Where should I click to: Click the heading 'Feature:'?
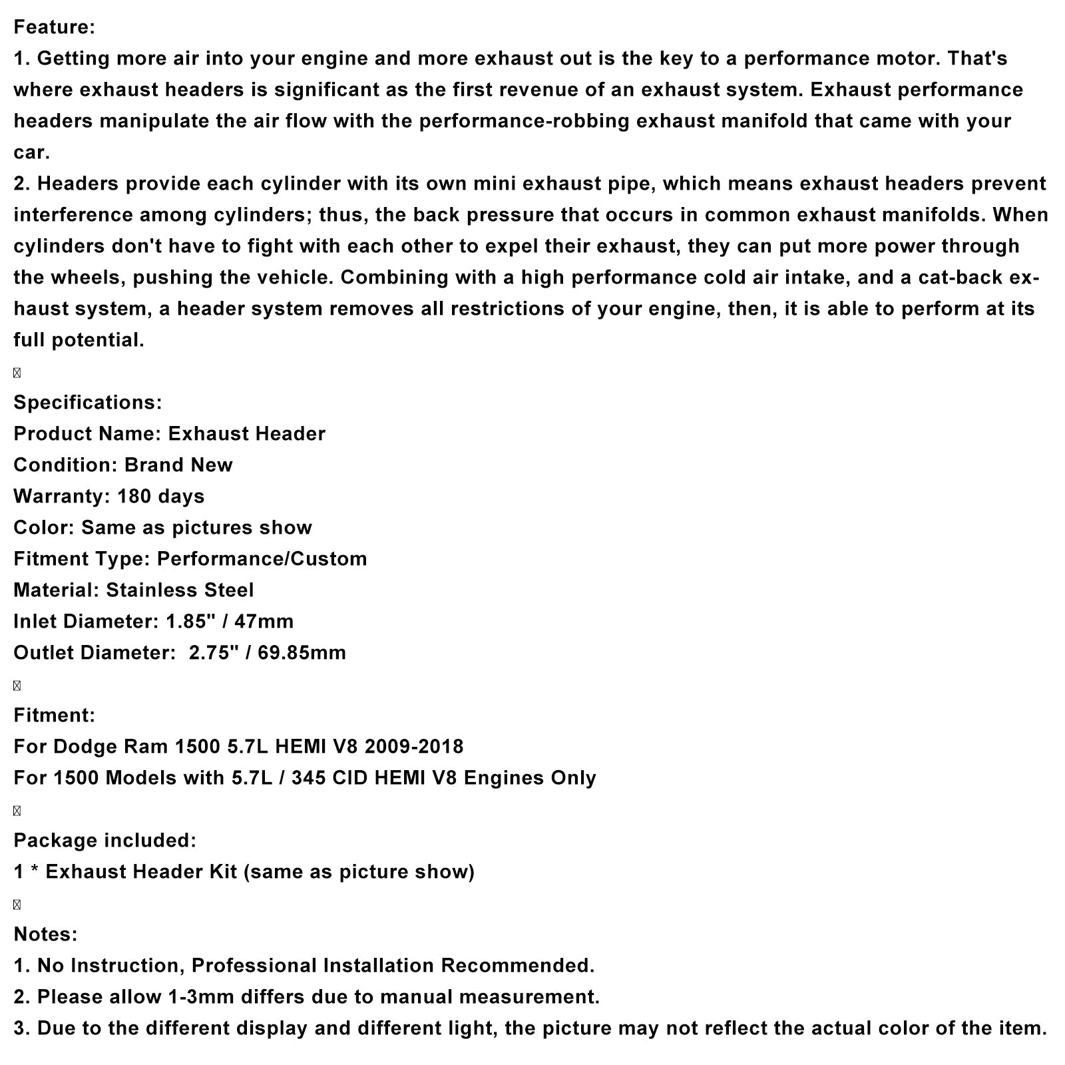[x=55, y=27]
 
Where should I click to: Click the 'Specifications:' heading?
[x=88, y=403]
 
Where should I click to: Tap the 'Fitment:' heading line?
[x=55, y=716]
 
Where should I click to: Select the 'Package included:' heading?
[x=105, y=841]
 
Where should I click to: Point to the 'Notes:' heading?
[x=45, y=935]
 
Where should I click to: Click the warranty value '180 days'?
[x=160, y=497]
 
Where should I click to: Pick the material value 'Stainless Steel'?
[x=180, y=590]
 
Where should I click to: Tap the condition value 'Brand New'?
[x=178, y=465]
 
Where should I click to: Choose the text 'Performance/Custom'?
[x=262, y=559]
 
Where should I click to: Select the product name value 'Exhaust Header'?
[x=246, y=434]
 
